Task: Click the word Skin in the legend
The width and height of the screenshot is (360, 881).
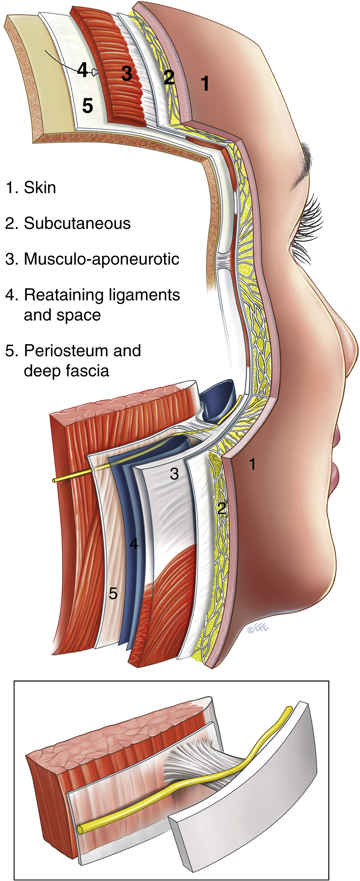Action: point(40,188)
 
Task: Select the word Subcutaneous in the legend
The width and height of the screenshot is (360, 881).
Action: point(77,223)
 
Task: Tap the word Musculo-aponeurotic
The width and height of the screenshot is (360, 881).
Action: point(101,259)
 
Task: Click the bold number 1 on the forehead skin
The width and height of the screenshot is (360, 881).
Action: point(205,83)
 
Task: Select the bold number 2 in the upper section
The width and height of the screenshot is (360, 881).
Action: point(169,77)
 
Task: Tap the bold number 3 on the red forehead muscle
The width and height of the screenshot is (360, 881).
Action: point(127,73)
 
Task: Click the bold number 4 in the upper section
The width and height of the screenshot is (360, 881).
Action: point(82,70)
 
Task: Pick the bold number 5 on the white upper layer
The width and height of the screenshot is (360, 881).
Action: point(88,106)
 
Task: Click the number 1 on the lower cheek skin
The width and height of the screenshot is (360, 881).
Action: point(252,464)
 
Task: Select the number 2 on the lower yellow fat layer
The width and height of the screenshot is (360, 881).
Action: point(222,508)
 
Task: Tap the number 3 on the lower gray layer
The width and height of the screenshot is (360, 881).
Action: point(174,474)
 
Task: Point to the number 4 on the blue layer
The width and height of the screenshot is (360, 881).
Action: point(134,543)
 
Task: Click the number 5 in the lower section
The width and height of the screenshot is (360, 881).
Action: point(113,593)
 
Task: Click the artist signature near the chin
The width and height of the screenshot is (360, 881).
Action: point(258,628)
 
